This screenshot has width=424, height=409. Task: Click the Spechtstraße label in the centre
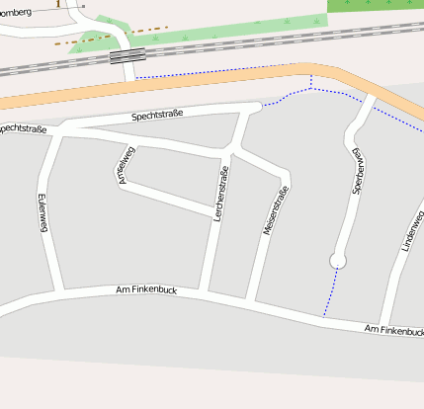pyautogui.click(x=158, y=117)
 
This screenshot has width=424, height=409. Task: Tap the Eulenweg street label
pyautogui.click(x=42, y=211)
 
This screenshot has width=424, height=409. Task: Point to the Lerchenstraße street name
pyautogui.click(x=220, y=194)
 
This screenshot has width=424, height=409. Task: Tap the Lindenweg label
pyautogui.click(x=412, y=233)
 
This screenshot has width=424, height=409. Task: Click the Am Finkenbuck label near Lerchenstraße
pyautogui.click(x=145, y=290)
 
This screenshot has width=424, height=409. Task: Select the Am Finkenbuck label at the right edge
pyautogui.click(x=392, y=329)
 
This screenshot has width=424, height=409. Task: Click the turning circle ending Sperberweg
pyautogui.click(x=338, y=261)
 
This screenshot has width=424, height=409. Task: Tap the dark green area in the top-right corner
pyautogui.click(x=376, y=5)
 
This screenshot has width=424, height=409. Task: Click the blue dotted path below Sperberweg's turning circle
pyautogui.click(x=330, y=292)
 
